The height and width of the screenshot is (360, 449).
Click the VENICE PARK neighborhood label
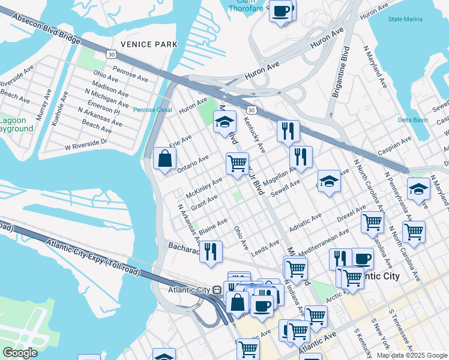click(x=149, y=44)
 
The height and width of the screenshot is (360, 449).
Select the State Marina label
click(x=405, y=19)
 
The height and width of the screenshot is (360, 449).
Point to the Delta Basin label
click(x=412, y=119)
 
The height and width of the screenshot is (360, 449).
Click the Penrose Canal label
click(x=152, y=110)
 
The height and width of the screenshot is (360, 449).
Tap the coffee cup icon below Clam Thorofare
click(x=281, y=11)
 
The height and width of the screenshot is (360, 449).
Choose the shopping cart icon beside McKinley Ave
click(x=237, y=163)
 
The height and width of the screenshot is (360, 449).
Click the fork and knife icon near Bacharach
click(x=211, y=251)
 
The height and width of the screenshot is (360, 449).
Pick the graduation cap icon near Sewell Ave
click(x=329, y=182)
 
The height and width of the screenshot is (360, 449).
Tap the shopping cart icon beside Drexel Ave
click(x=372, y=222)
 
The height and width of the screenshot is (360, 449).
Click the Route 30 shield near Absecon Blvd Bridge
click(x=111, y=54)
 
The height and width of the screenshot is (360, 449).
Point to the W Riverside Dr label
click(x=86, y=144)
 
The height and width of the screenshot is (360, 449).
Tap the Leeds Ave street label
click(x=265, y=248)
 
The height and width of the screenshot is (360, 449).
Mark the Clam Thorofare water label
click(x=246, y=5)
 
